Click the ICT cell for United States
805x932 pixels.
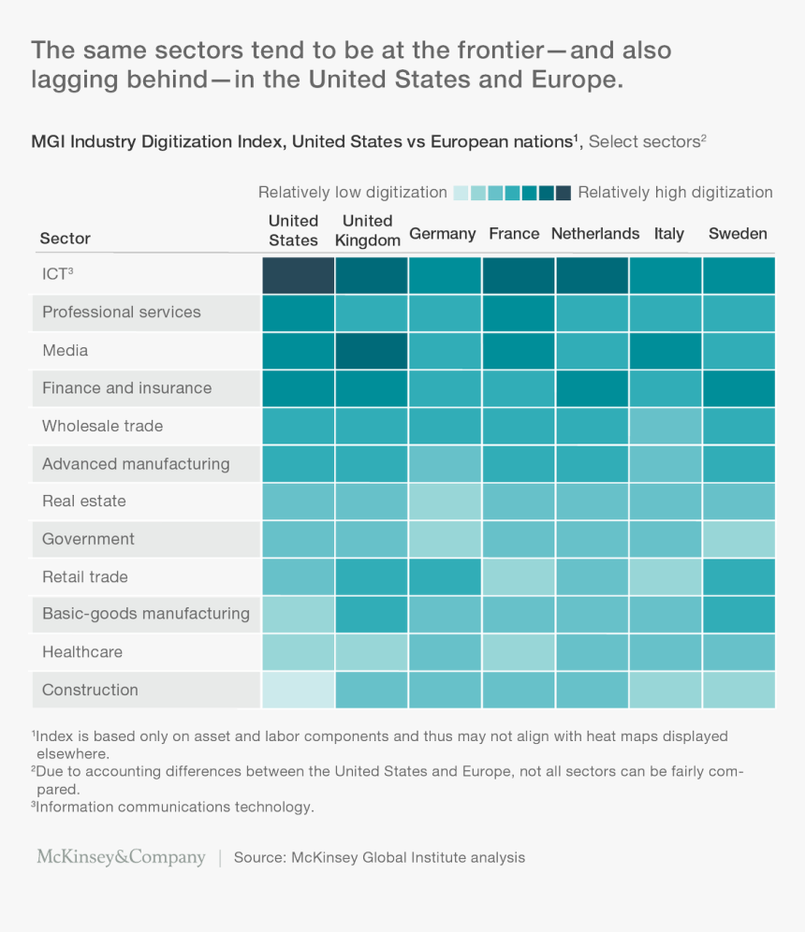pos(298,275)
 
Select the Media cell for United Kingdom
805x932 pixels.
pos(371,351)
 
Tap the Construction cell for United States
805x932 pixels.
pos(298,690)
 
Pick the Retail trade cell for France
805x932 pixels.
pos(519,576)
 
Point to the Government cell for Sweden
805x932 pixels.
pos(739,539)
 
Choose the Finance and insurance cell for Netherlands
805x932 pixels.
pos(593,388)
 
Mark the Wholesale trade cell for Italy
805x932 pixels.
pos(666,426)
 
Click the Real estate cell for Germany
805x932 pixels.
pos(445,502)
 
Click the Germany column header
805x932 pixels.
pos(443,234)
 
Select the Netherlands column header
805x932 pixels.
pos(595,234)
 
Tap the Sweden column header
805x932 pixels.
pos(738,234)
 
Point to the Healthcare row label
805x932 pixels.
pos(82,652)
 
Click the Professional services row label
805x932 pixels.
pos(122,313)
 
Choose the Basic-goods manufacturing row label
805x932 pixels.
pos(146,615)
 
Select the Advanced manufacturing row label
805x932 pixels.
pos(136,464)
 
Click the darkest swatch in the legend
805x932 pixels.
pos(563,193)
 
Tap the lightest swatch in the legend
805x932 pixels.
pos(461,193)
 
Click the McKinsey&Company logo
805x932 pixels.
pos(121,857)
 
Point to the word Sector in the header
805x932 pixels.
pos(66,239)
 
